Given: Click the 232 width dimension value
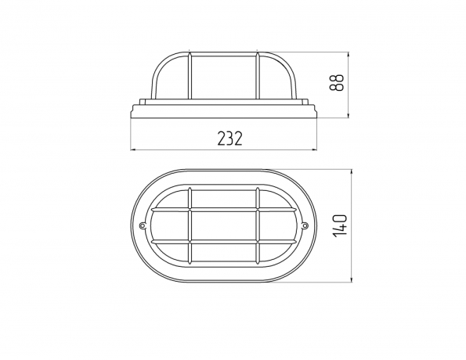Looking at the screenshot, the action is pyautogui.click(x=230, y=139).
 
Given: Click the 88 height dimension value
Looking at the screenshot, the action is pyautogui.click(x=337, y=83).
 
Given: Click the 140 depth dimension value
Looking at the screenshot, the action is pyautogui.click(x=340, y=225).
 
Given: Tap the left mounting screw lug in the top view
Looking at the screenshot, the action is pyautogui.click(x=143, y=226).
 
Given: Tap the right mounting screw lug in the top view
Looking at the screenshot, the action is pyautogui.click(x=305, y=226).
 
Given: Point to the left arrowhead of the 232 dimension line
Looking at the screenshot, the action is pyautogui.click(x=133, y=149).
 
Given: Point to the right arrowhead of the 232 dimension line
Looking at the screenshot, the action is pyautogui.click(x=315, y=149).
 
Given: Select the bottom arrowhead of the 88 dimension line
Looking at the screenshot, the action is pyautogui.click(x=349, y=115).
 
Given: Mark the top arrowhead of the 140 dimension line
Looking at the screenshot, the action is pyautogui.click(x=352, y=173).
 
